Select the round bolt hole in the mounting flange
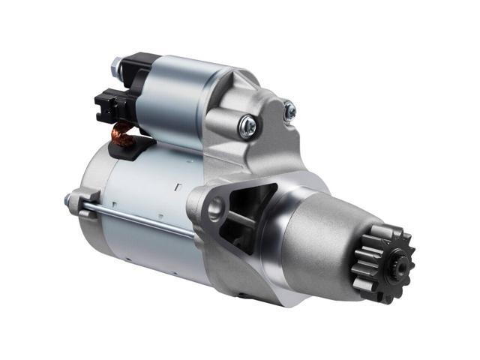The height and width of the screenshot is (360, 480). pos(214,208)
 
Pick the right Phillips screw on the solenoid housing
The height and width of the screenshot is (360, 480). pos(289,111)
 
